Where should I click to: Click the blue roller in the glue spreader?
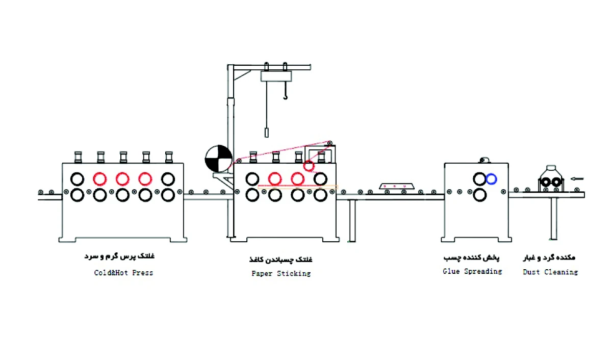click(492, 179)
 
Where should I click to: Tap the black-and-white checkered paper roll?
click(218, 159)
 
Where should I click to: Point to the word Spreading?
click(482, 271)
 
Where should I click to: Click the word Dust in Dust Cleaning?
click(531, 272)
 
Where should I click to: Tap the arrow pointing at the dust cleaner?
click(577, 178)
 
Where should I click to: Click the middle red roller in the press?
click(122, 178)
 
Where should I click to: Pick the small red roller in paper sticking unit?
click(309, 166)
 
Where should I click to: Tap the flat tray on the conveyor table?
click(394, 186)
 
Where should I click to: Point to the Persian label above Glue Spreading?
click(472, 258)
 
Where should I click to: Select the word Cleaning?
click(560, 272)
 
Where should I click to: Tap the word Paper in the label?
click(262, 273)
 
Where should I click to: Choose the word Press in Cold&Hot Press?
click(142, 273)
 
